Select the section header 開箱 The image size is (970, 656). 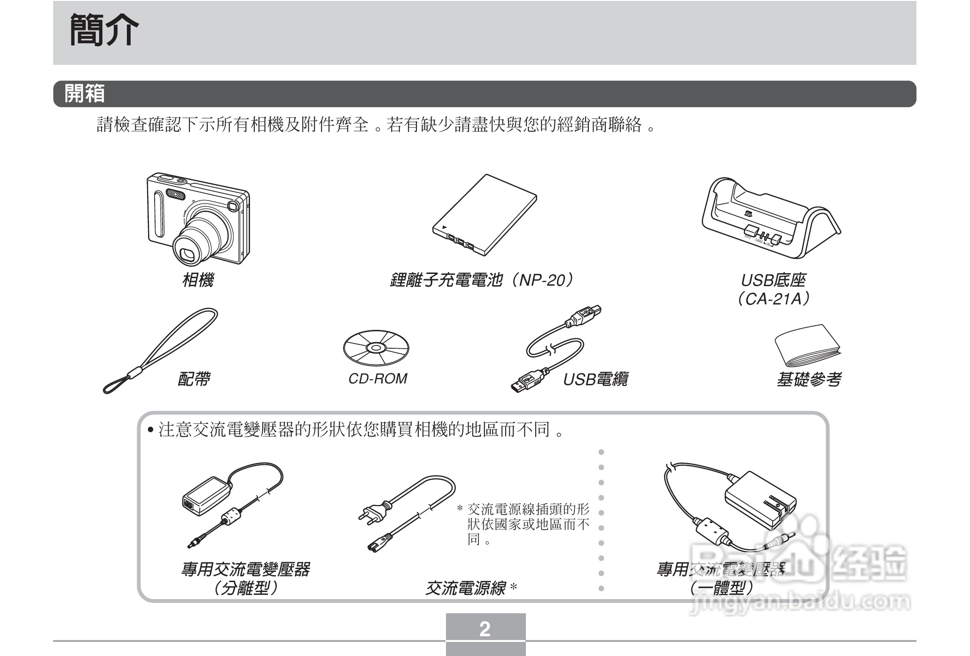[x=85, y=94]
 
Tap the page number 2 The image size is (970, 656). [x=485, y=629]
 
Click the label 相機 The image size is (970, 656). [x=198, y=280]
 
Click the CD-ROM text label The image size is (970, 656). [x=377, y=378]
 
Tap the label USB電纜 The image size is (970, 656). [x=595, y=379]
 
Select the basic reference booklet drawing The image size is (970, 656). [x=807, y=347]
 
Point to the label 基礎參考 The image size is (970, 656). [x=808, y=379]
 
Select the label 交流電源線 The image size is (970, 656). [x=465, y=588]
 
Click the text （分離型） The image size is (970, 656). [x=245, y=588]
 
